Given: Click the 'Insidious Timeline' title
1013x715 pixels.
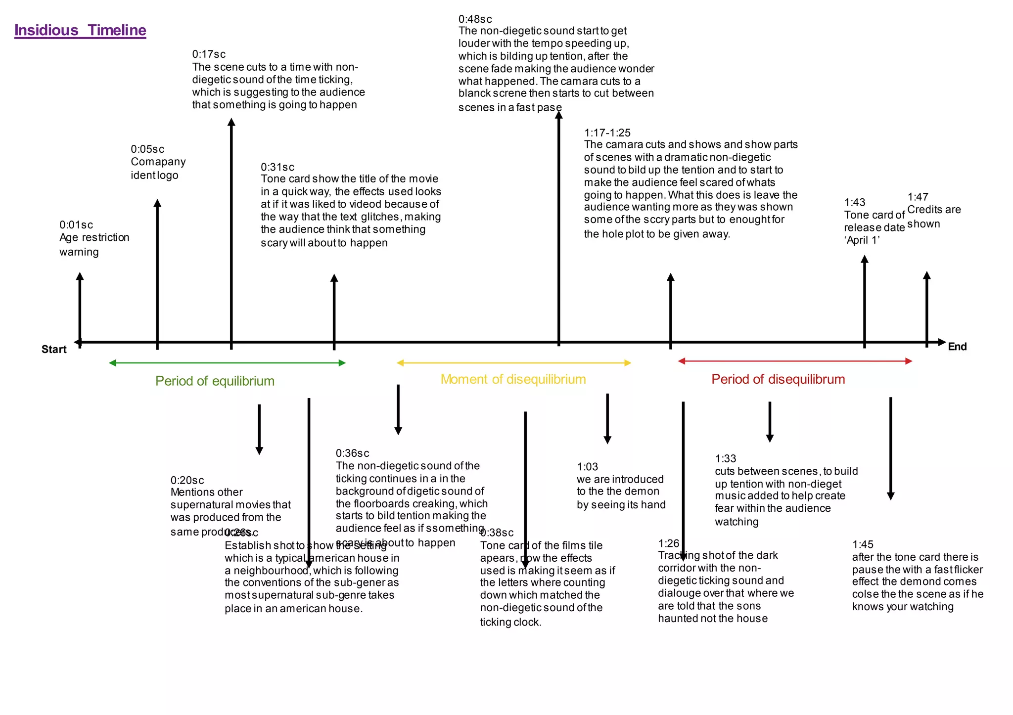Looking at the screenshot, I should (80, 31).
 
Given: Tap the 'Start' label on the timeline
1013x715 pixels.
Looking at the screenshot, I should (54, 349).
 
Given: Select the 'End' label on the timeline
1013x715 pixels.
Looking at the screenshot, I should (957, 347).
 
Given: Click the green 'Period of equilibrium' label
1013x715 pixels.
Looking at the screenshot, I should (215, 381).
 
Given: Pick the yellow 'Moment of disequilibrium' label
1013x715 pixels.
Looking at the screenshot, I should (513, 379).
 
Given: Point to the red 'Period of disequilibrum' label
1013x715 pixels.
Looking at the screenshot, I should (778, 379).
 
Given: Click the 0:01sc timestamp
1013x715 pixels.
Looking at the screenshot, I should (76, 225).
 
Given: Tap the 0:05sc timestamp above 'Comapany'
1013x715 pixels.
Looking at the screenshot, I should (147, 149).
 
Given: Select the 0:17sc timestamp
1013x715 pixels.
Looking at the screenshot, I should (209, 54).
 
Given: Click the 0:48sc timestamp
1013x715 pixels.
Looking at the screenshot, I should (475, 19).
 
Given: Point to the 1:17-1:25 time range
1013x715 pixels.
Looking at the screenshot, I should (607, 133).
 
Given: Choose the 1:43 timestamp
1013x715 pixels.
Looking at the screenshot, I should (855, 202).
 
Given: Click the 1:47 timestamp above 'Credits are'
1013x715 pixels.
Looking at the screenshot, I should (918, 197).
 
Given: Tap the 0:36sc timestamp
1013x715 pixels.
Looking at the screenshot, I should (352, 453).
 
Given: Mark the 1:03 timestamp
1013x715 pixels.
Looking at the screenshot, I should (588, 467).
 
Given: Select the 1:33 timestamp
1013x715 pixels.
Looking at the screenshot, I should (726, 458).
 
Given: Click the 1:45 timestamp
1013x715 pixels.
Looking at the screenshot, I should (863, 544).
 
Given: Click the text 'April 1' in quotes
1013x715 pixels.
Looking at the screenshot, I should (862, 240).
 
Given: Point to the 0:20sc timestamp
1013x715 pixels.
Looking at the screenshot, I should (187, 480).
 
